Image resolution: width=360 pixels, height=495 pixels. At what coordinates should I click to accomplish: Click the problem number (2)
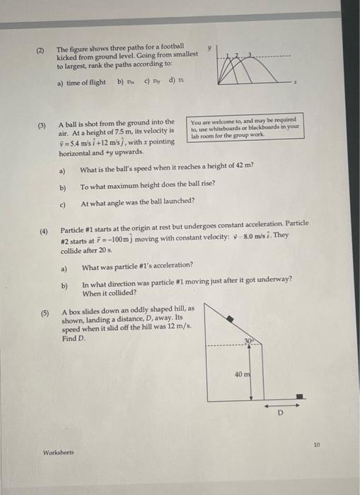[x=41, y=50]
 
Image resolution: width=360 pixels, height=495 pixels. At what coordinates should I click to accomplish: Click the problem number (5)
[x=44, y=311]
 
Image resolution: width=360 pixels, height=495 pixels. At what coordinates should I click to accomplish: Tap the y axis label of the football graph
[x=209, y=45]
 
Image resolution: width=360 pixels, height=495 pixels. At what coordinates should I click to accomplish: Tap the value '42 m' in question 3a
[x=244, y=168]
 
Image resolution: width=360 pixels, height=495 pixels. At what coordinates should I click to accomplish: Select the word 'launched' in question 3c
[x=178, y=202]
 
